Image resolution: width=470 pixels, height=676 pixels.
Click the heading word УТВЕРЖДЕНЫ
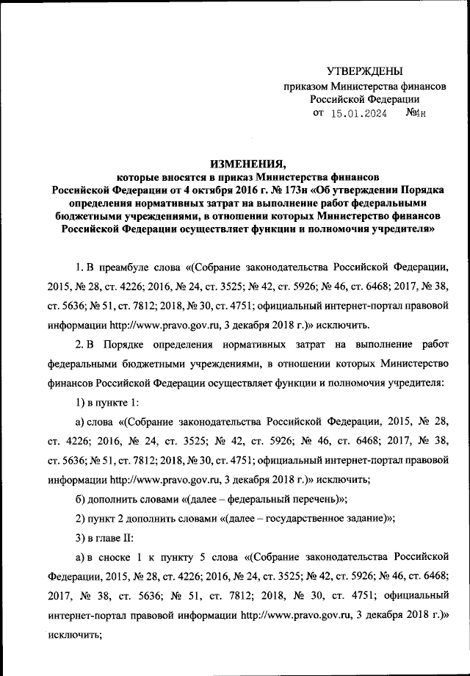coord(365,71)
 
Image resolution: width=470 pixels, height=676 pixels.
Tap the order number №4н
coord(416,114)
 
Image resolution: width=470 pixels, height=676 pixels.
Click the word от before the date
coord(318,114)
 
